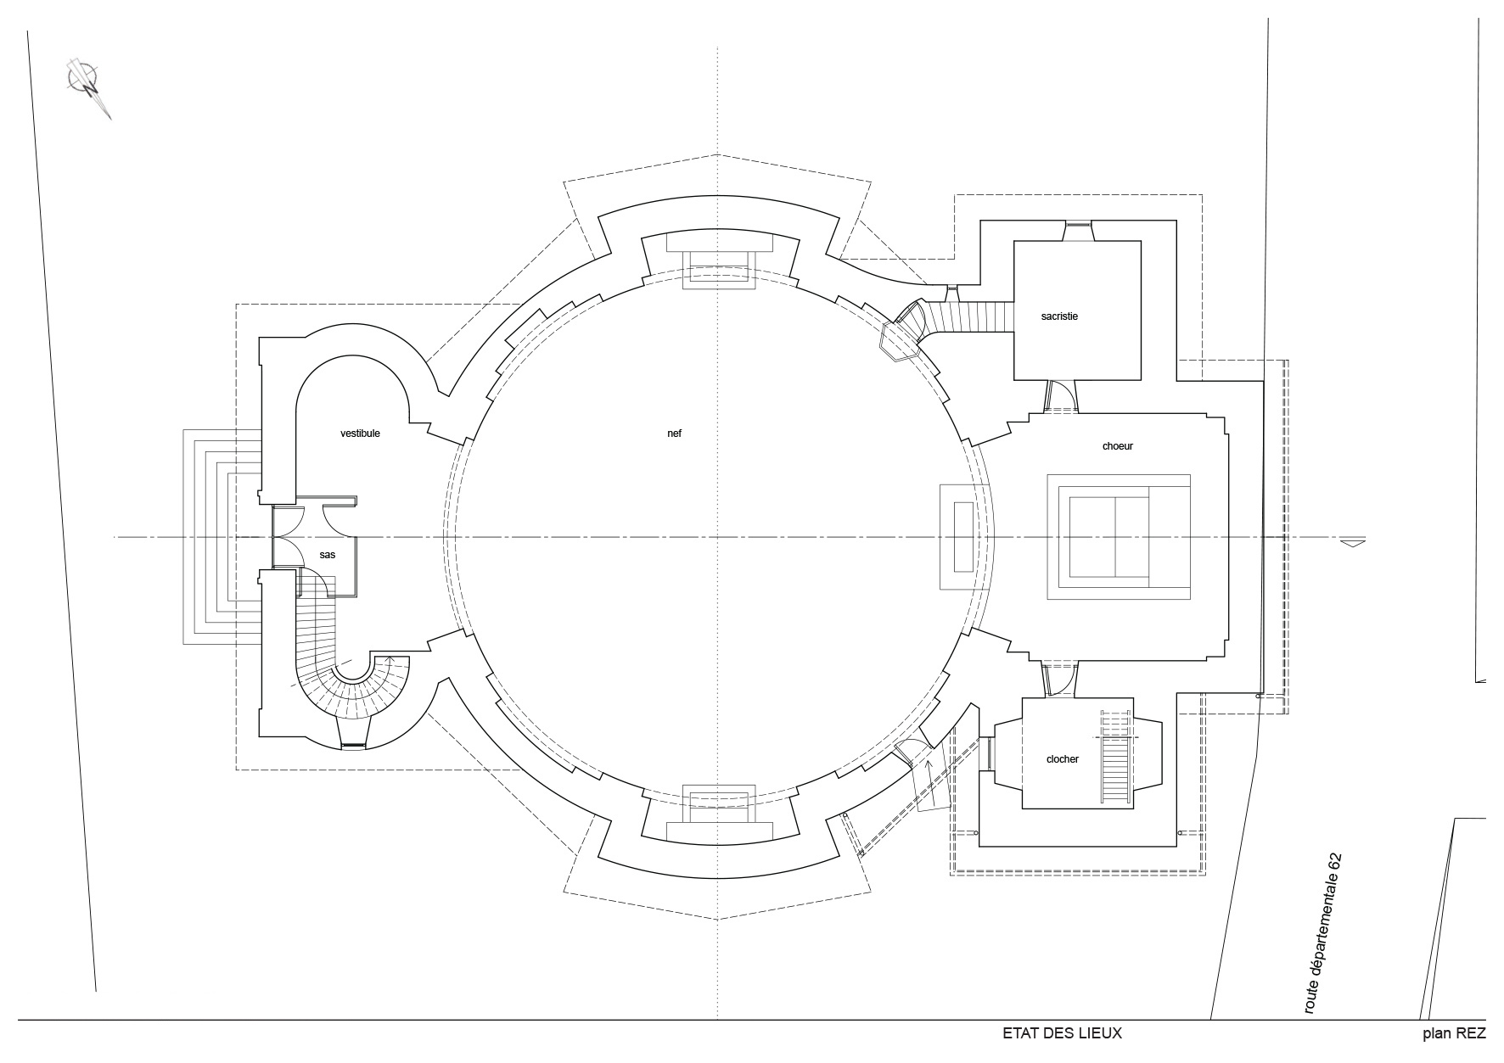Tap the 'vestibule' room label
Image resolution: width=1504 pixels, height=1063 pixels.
coord(360,434)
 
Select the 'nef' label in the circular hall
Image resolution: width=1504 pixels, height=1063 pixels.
coord(674,434)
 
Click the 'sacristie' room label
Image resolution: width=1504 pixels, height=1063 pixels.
coord(1059,316)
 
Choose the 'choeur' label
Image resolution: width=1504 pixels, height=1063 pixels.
coord(1118,446)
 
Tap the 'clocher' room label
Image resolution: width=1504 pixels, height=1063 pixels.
coord(1063,759)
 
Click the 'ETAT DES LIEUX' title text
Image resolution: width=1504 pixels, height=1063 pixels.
coord(1062,1033)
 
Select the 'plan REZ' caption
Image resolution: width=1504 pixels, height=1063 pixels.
coord(1454,1034)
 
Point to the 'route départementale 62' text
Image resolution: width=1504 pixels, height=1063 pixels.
coord(1324,933)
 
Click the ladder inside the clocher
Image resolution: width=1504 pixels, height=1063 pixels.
coord(1115,756)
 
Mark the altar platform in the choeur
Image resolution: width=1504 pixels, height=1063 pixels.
coord(1120,538)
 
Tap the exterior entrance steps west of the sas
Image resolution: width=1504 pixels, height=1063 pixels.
coord(222,537)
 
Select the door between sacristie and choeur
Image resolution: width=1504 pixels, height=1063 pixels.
coord(1059,396)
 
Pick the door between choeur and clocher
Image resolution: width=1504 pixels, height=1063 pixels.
coord(1058,679)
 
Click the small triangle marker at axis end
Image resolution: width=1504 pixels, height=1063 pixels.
coord(1353,542)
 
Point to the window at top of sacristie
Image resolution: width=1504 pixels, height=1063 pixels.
coord(1078,225)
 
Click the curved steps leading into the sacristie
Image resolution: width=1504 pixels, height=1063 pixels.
coord(968,318)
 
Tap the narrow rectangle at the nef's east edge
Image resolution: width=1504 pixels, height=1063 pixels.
coord(963,537)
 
